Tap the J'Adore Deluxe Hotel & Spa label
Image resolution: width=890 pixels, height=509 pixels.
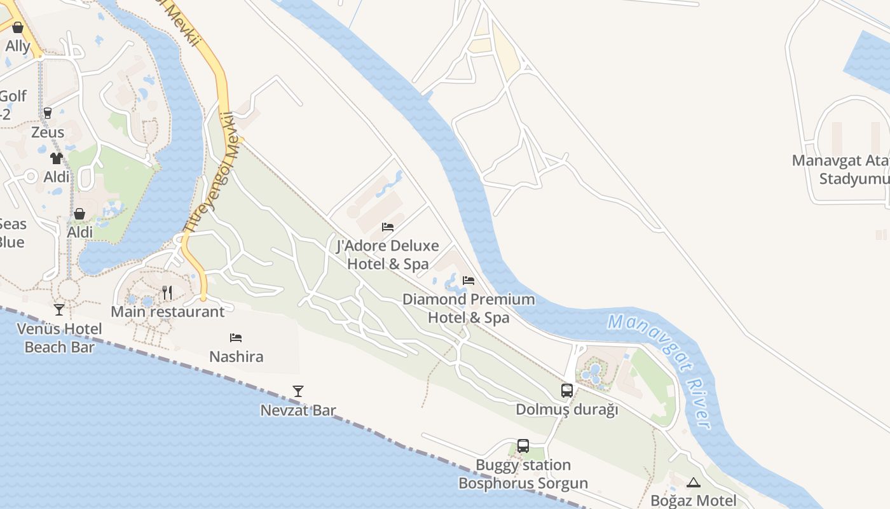tap(387, 254)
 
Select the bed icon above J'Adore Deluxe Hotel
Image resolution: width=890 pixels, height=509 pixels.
tap(388, 227)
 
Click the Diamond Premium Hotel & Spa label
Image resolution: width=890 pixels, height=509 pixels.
tap(469, 308)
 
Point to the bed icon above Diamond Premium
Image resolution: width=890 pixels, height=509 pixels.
tap(469, 280)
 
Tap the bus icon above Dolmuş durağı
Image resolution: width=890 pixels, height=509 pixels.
tap(567, 391)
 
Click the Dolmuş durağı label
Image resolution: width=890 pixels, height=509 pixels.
tap(566, 410)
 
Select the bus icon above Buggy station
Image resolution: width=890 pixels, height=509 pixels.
tap(523, 446)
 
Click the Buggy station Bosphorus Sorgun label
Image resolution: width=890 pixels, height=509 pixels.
tap(523, 474)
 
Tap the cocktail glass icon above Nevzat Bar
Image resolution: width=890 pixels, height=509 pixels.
tap(298, 391)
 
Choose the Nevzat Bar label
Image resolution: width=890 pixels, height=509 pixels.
tap(298, 410)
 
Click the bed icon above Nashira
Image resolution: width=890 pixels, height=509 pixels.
tap(236, 337)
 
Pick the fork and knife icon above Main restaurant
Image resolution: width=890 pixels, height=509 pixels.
tap(167, 293)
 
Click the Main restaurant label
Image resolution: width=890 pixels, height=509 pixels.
tap(168, 312)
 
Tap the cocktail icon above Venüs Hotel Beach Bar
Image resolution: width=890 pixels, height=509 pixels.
tap(59, 310)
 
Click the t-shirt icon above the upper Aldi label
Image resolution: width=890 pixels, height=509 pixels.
tap(57, 158)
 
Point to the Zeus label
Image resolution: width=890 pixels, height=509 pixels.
tap(48, 132)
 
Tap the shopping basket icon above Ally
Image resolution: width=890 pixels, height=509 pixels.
tap(18, 27)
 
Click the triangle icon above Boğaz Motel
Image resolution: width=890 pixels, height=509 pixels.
tap(693, 482)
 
